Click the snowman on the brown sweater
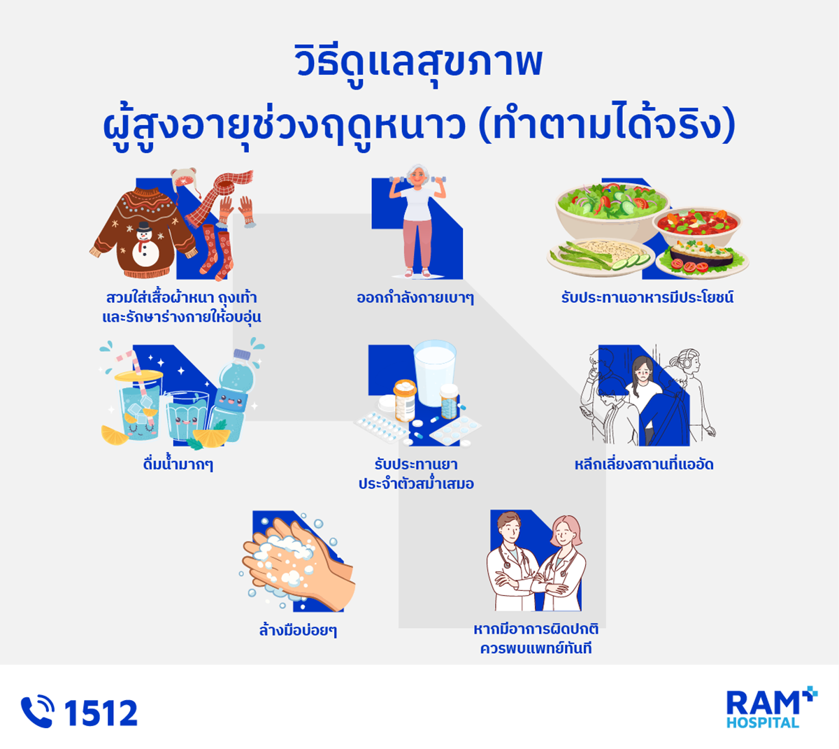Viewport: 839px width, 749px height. click(145, 244)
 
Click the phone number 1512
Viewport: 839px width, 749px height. click(101, 713)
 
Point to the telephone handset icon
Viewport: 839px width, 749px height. click(37, 712)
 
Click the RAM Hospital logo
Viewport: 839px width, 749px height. click(770, 708)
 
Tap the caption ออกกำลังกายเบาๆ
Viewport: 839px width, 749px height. click(415, 298)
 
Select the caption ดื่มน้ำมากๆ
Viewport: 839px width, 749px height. click(178, 464)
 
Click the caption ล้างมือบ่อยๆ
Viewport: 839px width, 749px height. click(298, 631)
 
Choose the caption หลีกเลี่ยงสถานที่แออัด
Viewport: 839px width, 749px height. click(644, 464)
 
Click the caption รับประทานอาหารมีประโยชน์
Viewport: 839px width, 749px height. click(647, 298)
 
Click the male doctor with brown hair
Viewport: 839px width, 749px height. click(512, 563)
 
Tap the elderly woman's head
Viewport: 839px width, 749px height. click(419, 176)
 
